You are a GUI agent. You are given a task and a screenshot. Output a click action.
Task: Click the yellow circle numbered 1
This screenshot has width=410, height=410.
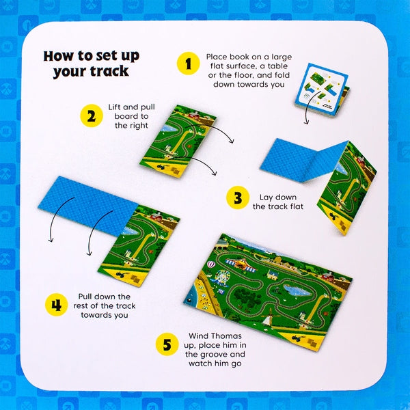click(x=189, y=64)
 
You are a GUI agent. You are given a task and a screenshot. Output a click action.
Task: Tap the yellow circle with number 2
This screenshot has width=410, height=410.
click(x=92, y=115)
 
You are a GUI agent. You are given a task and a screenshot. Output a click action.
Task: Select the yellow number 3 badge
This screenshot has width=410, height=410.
click(x=238, y=197)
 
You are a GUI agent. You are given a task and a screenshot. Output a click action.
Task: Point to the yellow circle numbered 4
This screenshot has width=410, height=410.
click(x=57, y=305)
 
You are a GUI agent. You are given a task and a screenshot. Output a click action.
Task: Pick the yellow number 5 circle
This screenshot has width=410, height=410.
click(x=167, y=344)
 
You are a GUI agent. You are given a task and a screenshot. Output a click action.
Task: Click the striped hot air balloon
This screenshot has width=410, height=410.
click(x=211, y=264)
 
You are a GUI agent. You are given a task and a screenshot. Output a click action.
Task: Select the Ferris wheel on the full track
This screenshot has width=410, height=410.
click(x=222, y=276)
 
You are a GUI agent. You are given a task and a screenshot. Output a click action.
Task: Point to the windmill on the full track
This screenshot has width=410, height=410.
click(x=269, y=317)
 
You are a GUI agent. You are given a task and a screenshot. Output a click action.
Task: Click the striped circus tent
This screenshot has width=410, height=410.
click(x=241, y=264)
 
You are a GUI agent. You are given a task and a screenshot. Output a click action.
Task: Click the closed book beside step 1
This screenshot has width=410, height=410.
click(x=322, y=90)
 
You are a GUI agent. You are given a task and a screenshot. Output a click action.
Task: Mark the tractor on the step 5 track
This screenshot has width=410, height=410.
click(x=297, y=339)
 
